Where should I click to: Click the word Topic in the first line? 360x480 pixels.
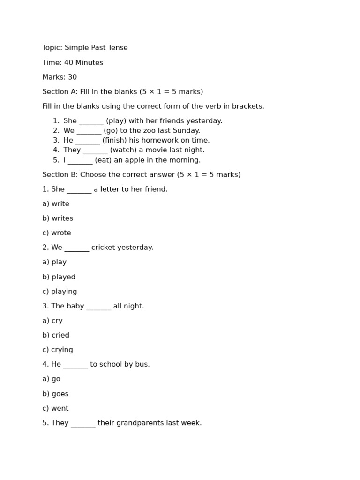[52, 48]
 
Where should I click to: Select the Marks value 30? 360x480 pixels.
[72, 77]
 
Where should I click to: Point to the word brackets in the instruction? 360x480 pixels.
[248, 106]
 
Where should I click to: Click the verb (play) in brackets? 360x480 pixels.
[116, 121]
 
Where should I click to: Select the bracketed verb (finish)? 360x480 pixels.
[114, 140]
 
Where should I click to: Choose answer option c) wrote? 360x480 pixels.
[57, 233]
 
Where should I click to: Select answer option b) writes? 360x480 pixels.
[58, 218]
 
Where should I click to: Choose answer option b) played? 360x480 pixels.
[59, 277]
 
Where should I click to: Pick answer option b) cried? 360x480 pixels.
[56, 335]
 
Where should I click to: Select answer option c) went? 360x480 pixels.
[55, 408]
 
